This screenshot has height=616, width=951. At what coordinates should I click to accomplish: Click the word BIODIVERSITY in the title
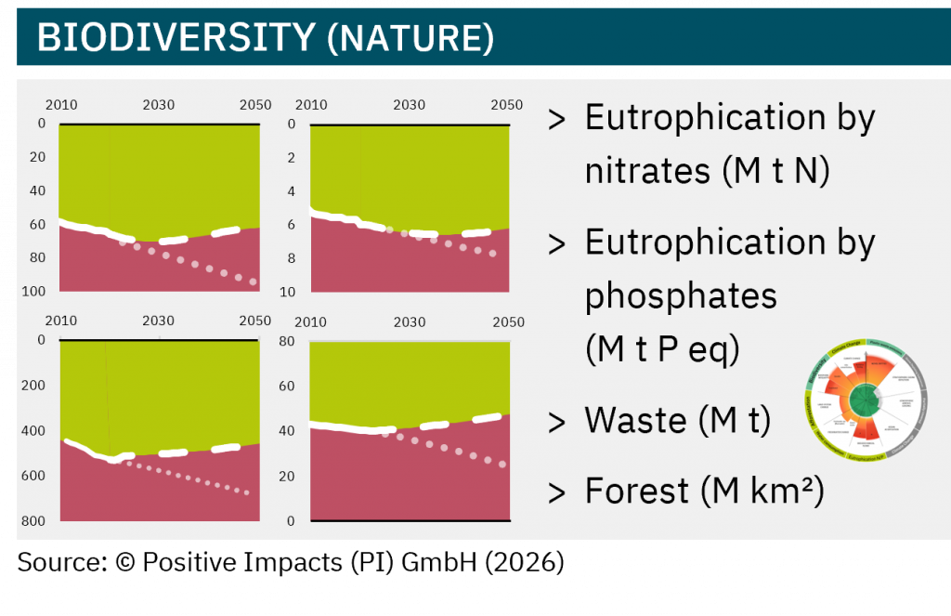176,37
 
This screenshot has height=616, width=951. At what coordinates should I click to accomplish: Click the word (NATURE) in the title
410,37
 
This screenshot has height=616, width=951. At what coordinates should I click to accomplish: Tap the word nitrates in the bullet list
643,172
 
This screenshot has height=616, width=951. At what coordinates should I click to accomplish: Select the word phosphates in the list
681,296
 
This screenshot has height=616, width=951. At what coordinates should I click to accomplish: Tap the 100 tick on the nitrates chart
35,292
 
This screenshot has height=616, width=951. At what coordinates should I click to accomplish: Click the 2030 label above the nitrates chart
158,105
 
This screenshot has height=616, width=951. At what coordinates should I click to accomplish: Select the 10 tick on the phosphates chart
289,292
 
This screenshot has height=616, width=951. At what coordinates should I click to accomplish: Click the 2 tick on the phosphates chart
292,158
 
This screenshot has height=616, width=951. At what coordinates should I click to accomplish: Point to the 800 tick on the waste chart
34,521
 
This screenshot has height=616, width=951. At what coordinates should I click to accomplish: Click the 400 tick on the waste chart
34,430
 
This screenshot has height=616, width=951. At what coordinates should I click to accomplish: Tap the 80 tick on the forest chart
288,341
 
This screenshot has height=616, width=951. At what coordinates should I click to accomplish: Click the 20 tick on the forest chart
288,476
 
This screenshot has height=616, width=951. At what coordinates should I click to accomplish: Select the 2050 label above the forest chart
508,322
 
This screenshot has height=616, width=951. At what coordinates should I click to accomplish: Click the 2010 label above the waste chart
60,321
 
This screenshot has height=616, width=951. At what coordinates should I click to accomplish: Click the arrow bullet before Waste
557,423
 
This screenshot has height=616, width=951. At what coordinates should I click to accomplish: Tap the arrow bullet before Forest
557,492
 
